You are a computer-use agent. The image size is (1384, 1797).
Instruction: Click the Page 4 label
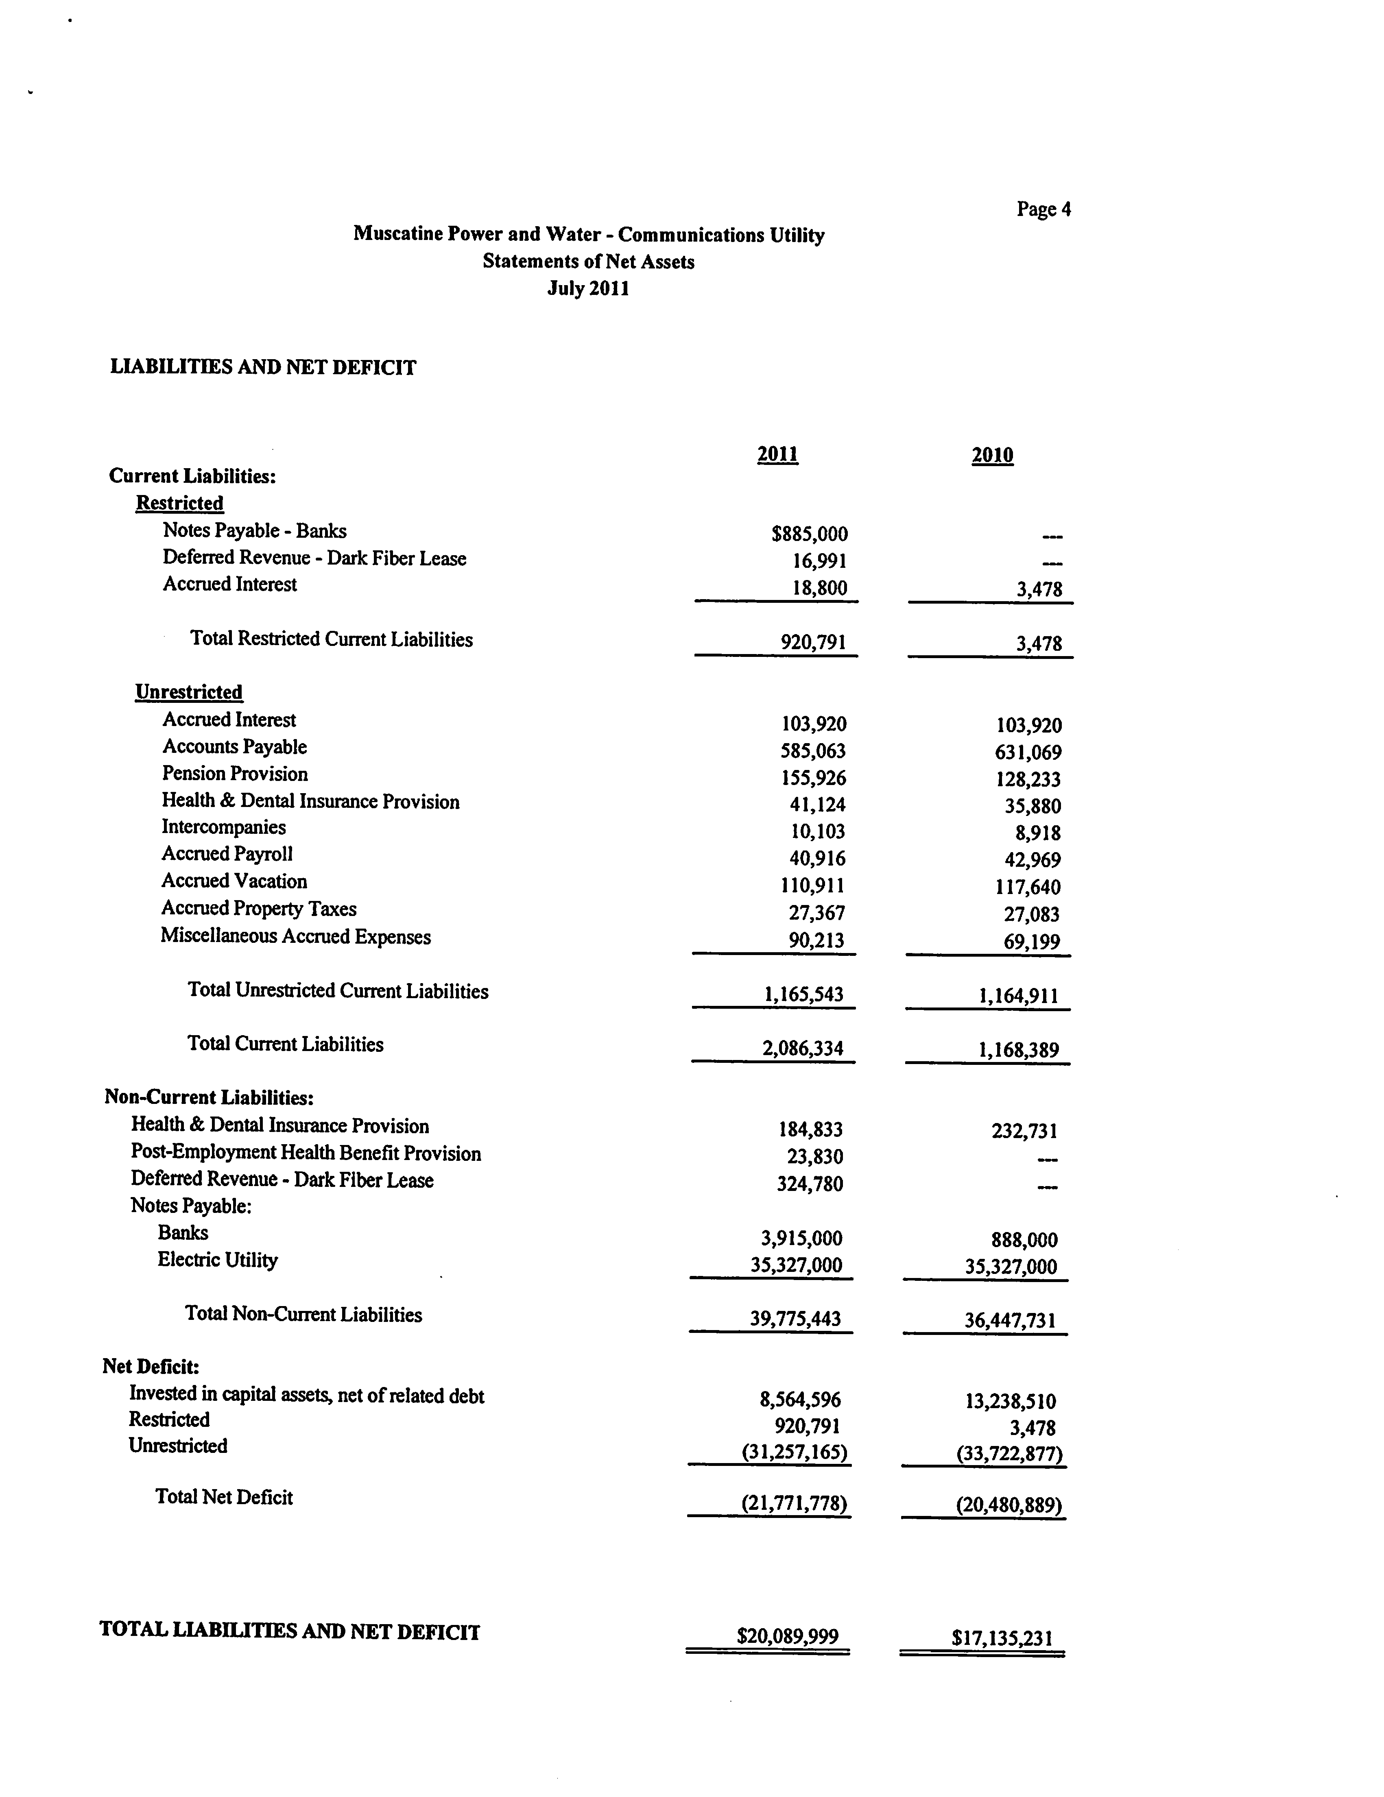click(x=1043, y=209)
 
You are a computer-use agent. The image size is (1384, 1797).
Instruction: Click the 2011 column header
click(x=777, y=454)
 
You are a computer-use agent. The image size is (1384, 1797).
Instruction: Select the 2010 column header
click(x=992, y=455)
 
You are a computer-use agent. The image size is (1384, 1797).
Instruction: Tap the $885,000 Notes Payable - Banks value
click(x=810, y=534)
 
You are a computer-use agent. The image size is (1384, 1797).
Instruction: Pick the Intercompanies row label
click(x=224, y=827)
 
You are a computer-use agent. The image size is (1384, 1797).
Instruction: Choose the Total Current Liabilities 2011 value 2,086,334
click(x=803, y=1048)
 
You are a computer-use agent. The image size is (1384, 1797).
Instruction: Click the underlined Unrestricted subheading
click(x=189, y=692)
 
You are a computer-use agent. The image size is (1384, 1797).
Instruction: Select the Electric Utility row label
click(x=218, y=1260)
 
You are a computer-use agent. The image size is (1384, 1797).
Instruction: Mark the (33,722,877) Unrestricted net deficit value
click(x=1010, y=1454)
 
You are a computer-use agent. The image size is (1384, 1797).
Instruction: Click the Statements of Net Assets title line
click(x=588, y=262)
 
